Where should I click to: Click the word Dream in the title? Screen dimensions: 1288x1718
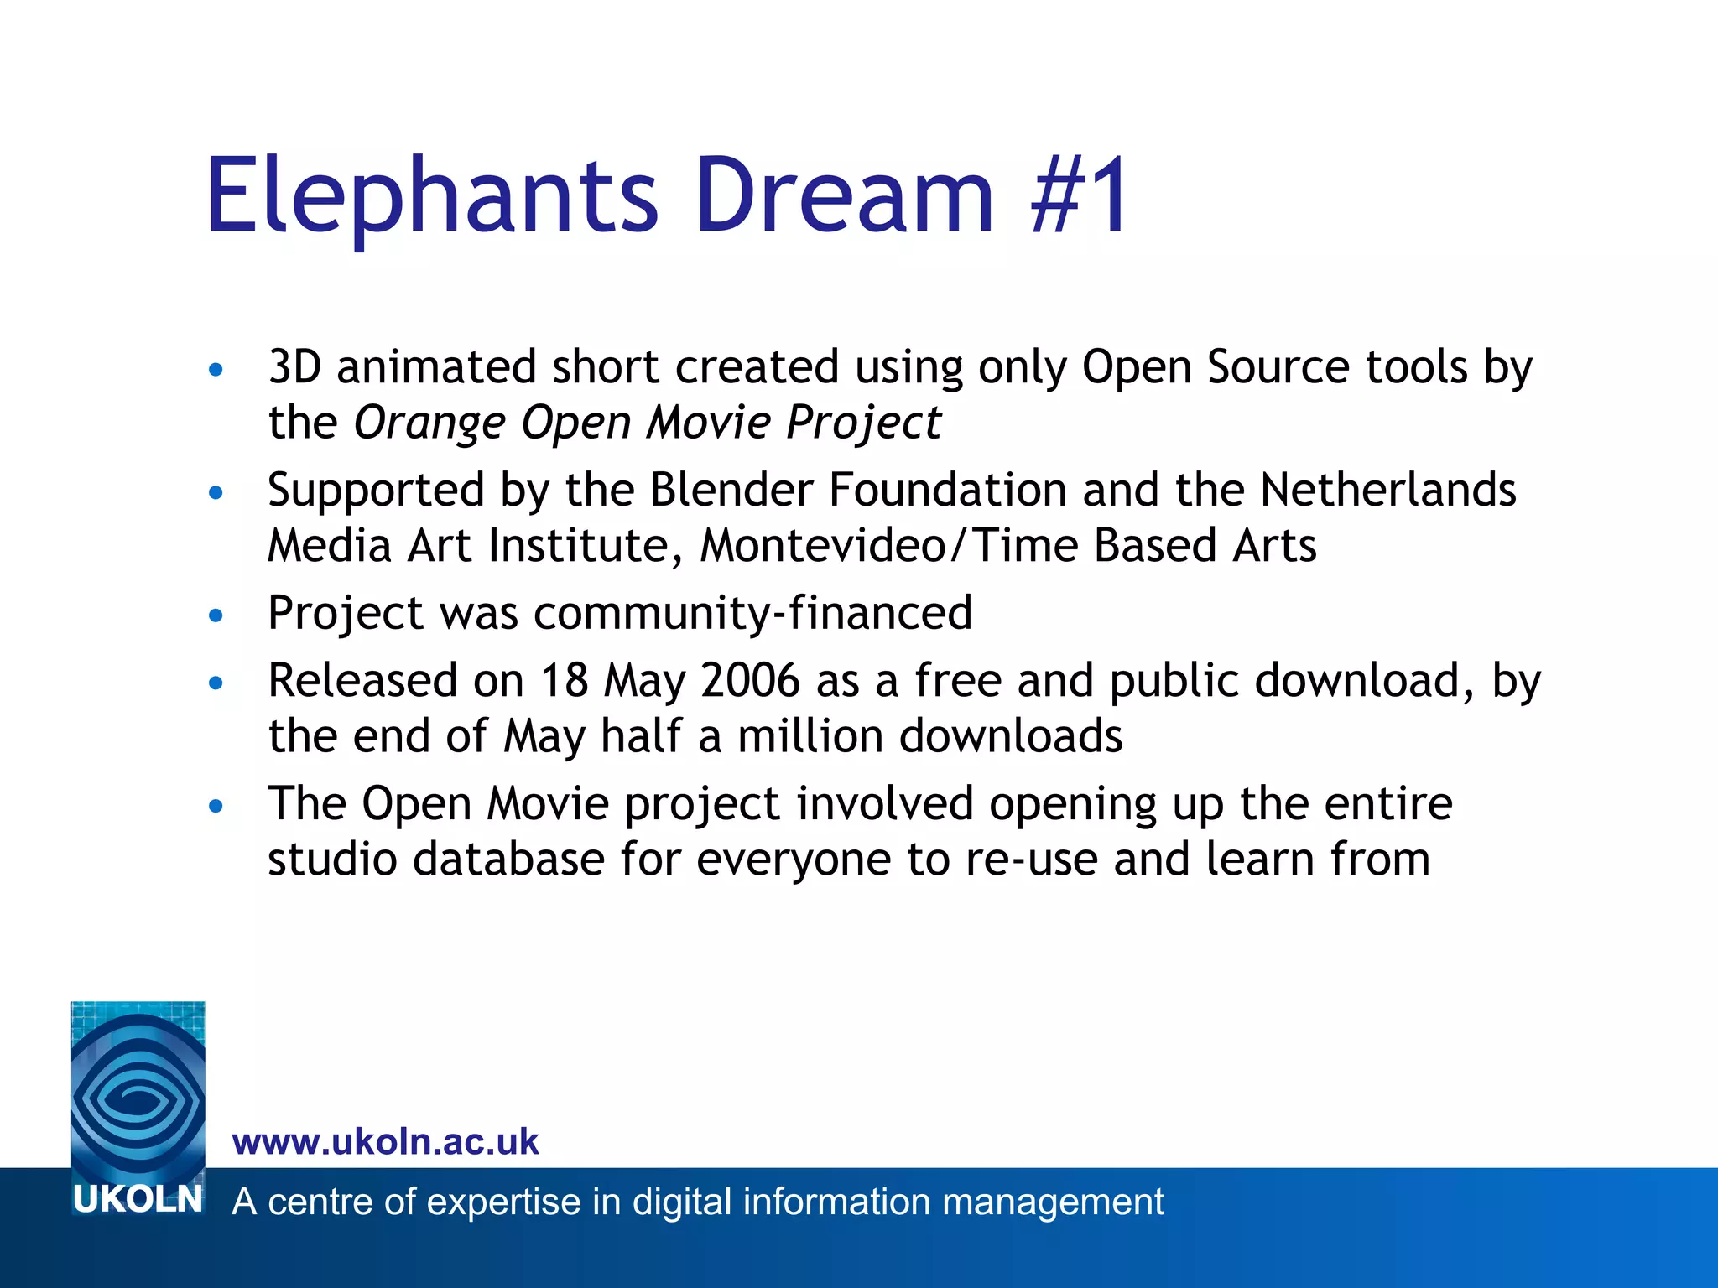[x=844, y=198]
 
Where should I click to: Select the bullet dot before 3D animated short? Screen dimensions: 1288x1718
[x=216, y=370]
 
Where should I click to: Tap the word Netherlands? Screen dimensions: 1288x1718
[x=1387, y=490]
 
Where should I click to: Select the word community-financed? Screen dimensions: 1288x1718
[x=752, y=613]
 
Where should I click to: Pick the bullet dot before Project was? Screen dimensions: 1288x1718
[x=216, y=616]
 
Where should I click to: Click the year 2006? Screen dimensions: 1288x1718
[x=751, y=680]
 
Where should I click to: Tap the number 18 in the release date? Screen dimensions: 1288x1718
[x=564, y=680]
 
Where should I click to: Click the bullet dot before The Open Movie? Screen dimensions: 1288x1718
[x=216, y=807]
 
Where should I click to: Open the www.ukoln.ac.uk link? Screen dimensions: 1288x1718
[x=385, y=1142]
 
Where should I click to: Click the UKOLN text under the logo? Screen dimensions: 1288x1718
[x=138, y=1200]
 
